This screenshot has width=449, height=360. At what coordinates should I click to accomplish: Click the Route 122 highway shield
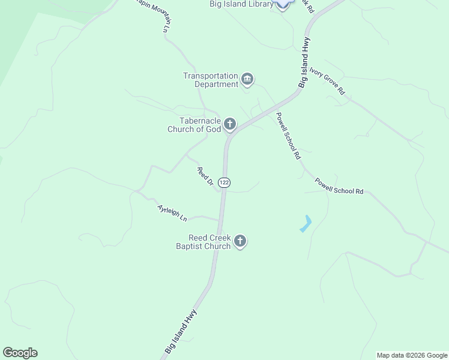pyautogui.click(x=224, y=182)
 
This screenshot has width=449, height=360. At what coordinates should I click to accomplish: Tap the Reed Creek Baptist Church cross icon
pyautogui.click(x=240, y=241)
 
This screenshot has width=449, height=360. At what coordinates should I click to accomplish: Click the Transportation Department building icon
pyautogui.click(x=247, y=79)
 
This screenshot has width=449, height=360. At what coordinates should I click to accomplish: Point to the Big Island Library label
pyautogui.click(x=241, y=4)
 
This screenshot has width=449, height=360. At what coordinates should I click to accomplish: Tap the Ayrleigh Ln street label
pyautogui.click(x=172, y=213)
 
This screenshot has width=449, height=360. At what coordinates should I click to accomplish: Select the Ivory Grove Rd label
pyautogui.click(x=327, y=81)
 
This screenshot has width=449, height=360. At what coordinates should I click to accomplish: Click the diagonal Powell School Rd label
pyautogui.click(x=288, y=136)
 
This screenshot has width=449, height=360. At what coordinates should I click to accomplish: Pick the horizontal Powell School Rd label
pyautogui.click(x=339, y=186)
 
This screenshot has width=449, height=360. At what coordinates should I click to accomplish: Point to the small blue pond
pyautogui.click(x=306, y=224)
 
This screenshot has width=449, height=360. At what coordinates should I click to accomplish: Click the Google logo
pyautogui.click(x=20, y=353)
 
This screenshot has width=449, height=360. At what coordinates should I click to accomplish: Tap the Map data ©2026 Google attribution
pyautogui.click(x=412, y=355)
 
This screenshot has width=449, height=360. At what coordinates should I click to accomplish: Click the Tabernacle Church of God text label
pyautogui.click(x=194, y=125)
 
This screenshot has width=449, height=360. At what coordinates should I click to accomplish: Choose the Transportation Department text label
pyautogui.click(x=211, y=80)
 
